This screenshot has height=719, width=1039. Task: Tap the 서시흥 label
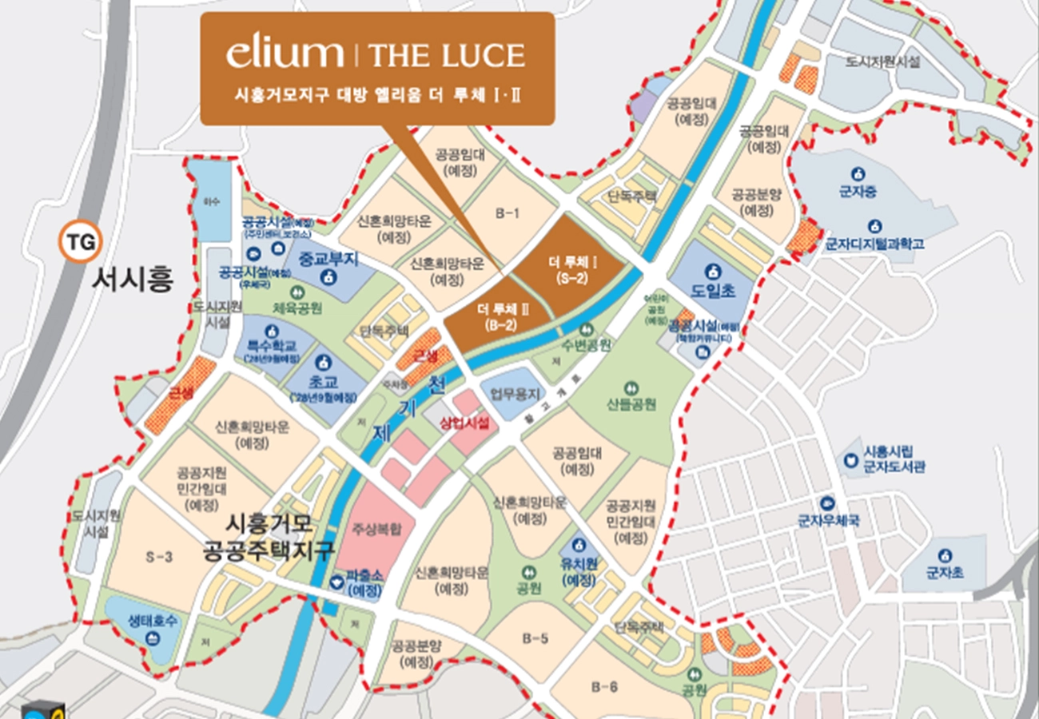pyautogui.click(x=133, y=280)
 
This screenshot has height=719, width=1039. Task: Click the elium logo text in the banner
pyautogui.click(x=285, y=54)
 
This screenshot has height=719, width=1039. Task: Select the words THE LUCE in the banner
pyautogui.click(x=446, y=55)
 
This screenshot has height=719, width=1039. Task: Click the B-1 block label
pyautogui.click(x=508, y=213)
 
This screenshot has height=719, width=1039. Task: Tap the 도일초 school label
pyautogui.click(x=713, y=292)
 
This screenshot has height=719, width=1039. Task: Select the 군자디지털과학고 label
pyautogui.click(x=874, y=244)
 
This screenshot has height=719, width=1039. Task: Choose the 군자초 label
pyautogui.click(x=945, y=572)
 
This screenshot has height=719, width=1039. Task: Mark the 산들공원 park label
pyautogui.click(x=631, y=404)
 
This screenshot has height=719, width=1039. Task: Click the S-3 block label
pyautogui.click(x=159, y=558)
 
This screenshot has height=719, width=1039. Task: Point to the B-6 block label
pyautogui.click(x=605, y=685)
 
